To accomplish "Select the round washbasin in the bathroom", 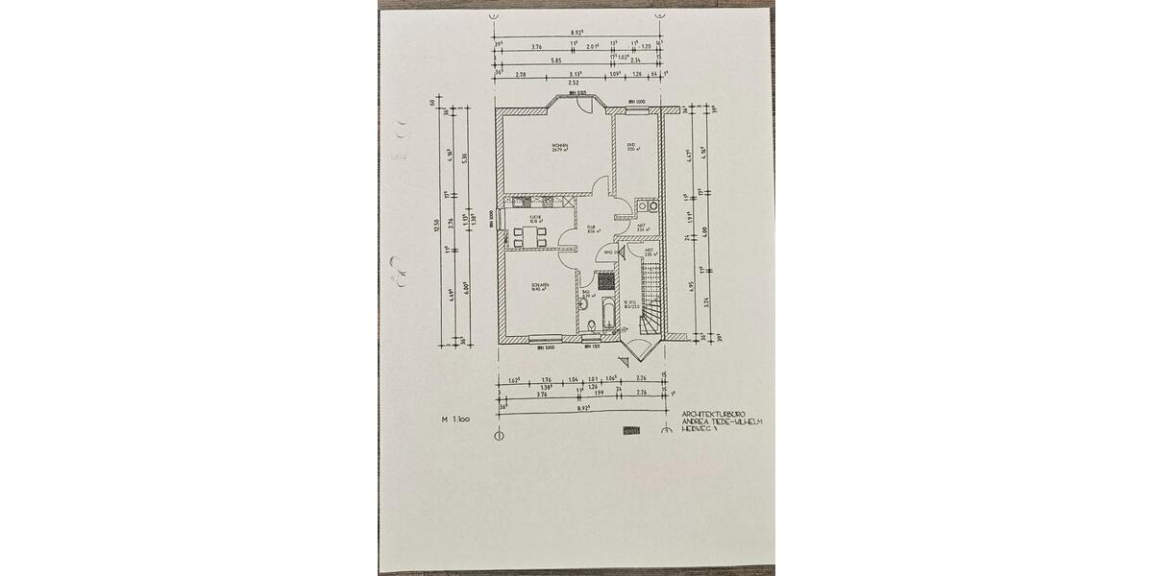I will [x=583, y=304].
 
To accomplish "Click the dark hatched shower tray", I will [x=605, y=280].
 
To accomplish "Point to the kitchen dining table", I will [x=530, y=236].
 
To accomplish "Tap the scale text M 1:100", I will [x=454, y=420].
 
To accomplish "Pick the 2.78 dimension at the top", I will [x=520, y=73].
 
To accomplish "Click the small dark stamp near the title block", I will [x=631, y=431].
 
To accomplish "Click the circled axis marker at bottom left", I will [x=499, y=435].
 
